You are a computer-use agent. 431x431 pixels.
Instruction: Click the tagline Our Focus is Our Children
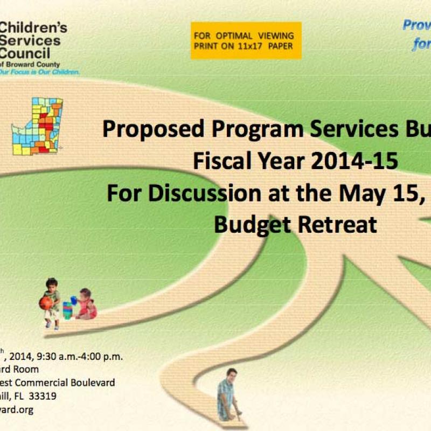pyautogui.click(x=40, y=72)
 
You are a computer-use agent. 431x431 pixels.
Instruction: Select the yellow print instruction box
pyautogui.click(x=246, y=40)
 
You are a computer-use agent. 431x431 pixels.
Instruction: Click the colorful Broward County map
pyautogui.click(x=38, y=126)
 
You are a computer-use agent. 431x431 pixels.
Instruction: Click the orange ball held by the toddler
pyautogui.click(x=46, y=303)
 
